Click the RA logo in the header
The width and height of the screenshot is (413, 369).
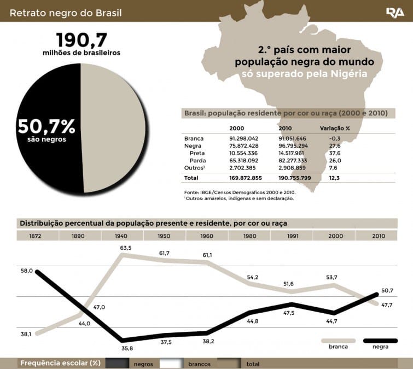[x=394, y=11]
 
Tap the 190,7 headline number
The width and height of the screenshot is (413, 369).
[x=82, y=39]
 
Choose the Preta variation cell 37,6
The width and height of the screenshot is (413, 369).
[x=334, y=154]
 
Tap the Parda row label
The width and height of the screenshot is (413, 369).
[x=197, y=161]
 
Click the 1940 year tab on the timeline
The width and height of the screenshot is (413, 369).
[x=121, y=236]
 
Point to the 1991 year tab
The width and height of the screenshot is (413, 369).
[x=293, y=236]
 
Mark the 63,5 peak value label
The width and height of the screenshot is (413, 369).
[x=126, y=248]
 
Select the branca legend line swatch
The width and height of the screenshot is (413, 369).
[x=338, y=340]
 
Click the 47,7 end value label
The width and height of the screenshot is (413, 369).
[x=386, y=304]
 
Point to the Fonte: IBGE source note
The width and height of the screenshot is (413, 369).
[x=240, y=192]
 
